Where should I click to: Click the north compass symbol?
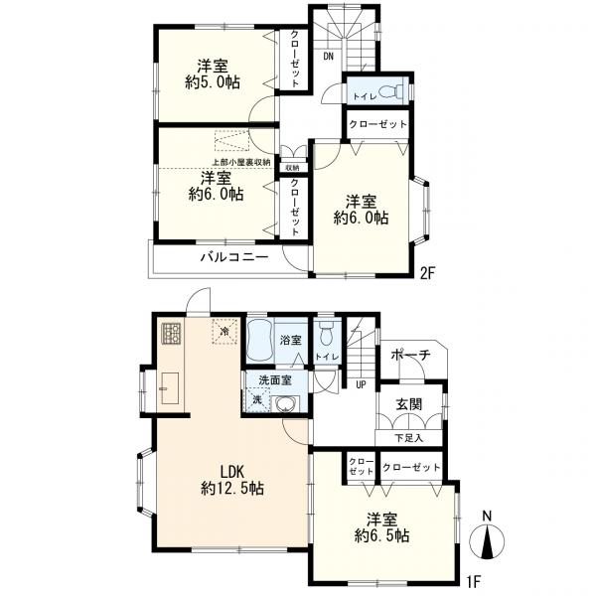(487, 536)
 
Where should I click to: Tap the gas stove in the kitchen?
(172, 334)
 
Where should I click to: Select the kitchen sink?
(170, 388)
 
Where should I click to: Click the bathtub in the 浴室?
(260, 342)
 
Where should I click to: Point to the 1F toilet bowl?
(327, 334)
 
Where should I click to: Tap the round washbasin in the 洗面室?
(285, 404)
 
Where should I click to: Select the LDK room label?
(232, 472)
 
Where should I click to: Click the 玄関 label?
(409, 404)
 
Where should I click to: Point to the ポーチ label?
(410, 355)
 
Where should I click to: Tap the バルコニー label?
(234, 257)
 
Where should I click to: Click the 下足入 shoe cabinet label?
(408, 438)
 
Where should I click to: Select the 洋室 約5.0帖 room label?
(213, 74)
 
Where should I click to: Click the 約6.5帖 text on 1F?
(382, 536)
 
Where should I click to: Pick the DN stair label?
(329, 57)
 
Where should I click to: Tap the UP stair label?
(361, 384)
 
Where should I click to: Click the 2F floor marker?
(427, 273)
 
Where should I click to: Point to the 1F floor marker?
(474, 581)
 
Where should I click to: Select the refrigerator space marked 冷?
(225, 332)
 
